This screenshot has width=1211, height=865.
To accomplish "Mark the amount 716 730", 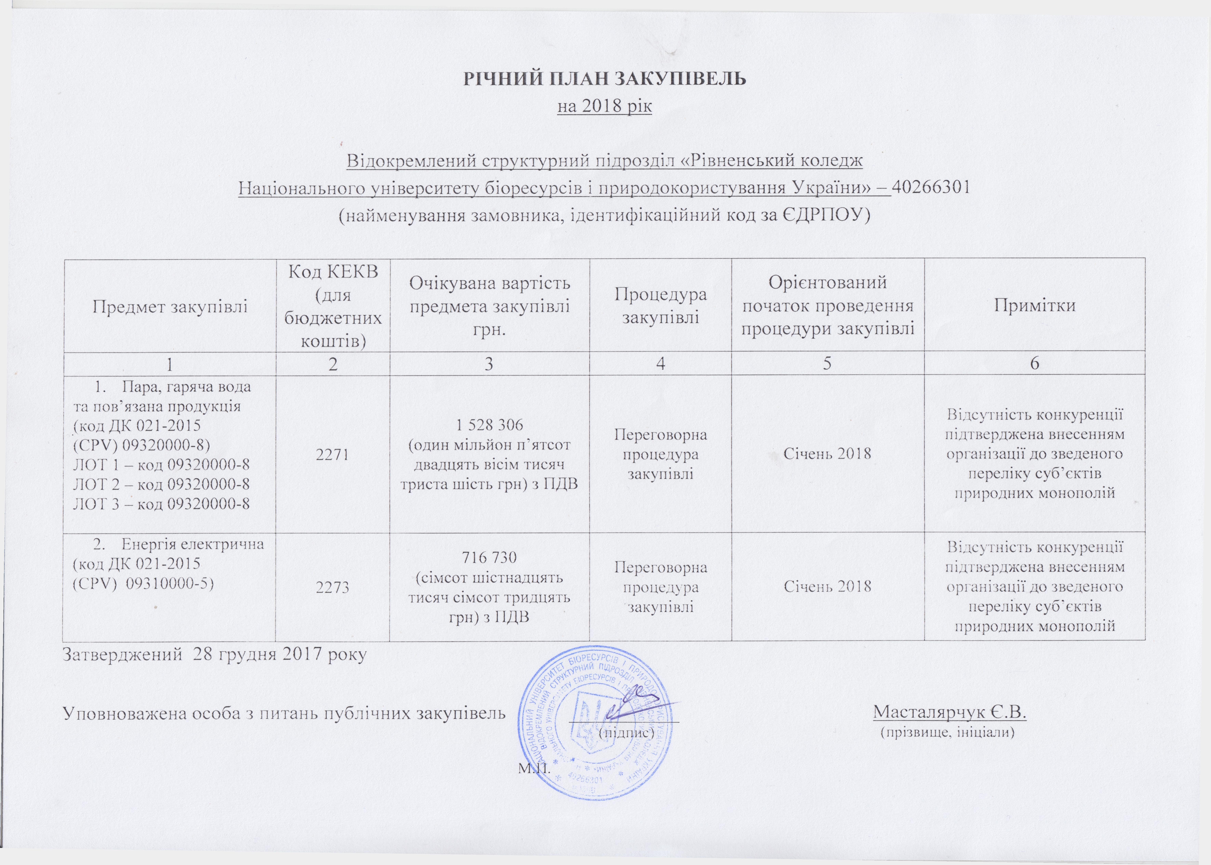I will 490,558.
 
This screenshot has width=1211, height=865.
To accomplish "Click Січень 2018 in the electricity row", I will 828,586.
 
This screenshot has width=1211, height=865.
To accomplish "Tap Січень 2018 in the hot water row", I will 828,454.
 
